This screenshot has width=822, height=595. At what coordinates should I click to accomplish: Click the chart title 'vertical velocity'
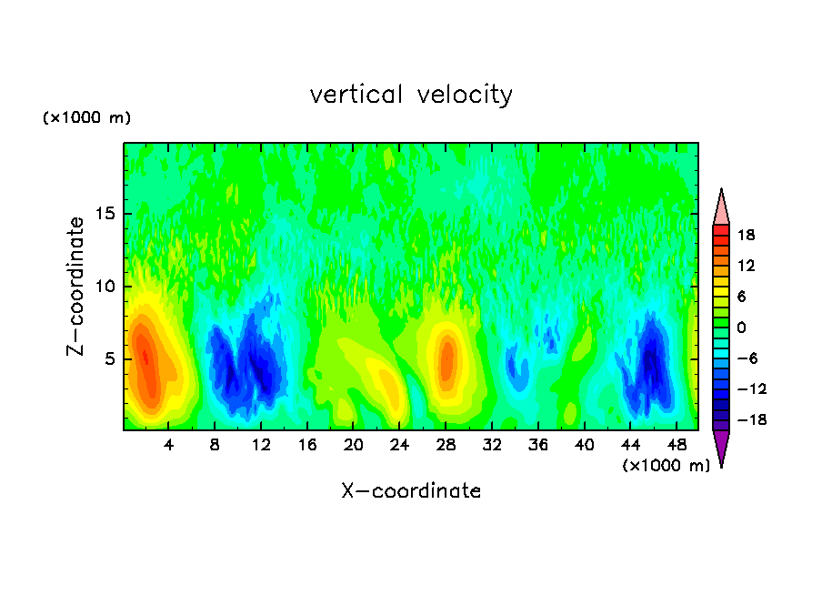(x=411, y=95)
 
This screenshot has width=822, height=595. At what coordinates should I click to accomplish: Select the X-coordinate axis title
(x=411, y=491)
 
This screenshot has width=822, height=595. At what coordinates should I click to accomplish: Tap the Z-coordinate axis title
(x=76, y=286)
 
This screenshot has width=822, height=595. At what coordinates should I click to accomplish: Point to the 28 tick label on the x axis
(x=446, y=446)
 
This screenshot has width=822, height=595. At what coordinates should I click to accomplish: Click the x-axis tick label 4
(x=169, y=446)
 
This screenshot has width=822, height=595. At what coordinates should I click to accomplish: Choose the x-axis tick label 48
(x=676, y=446)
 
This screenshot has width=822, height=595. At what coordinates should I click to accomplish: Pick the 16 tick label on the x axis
(x=307, y=446)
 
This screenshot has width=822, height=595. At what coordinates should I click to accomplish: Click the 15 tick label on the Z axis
(x=104, y=215)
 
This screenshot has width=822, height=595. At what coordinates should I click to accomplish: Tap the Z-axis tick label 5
(x=107, y=358)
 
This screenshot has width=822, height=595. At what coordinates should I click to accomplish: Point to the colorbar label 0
(x=749, y=328)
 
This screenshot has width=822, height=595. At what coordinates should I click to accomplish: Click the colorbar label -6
(x=745, y=358)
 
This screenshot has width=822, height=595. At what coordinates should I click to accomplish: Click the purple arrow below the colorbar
(x=721, y=448)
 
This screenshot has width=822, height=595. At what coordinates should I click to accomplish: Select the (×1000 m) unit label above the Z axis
(x=86, y=118)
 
